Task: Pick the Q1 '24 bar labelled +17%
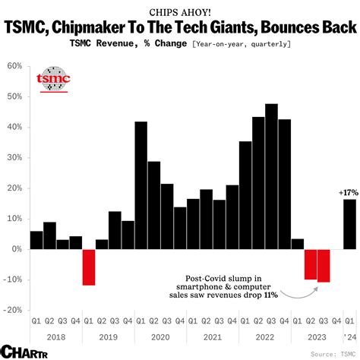(x=349, y=224)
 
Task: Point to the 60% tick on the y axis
(x=15, y=66)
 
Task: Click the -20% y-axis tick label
(x=14, y=310)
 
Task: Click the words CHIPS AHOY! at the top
(x=180, y=12)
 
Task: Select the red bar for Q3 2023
(x=324, y=265)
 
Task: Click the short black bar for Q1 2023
(x=298, y=244)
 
